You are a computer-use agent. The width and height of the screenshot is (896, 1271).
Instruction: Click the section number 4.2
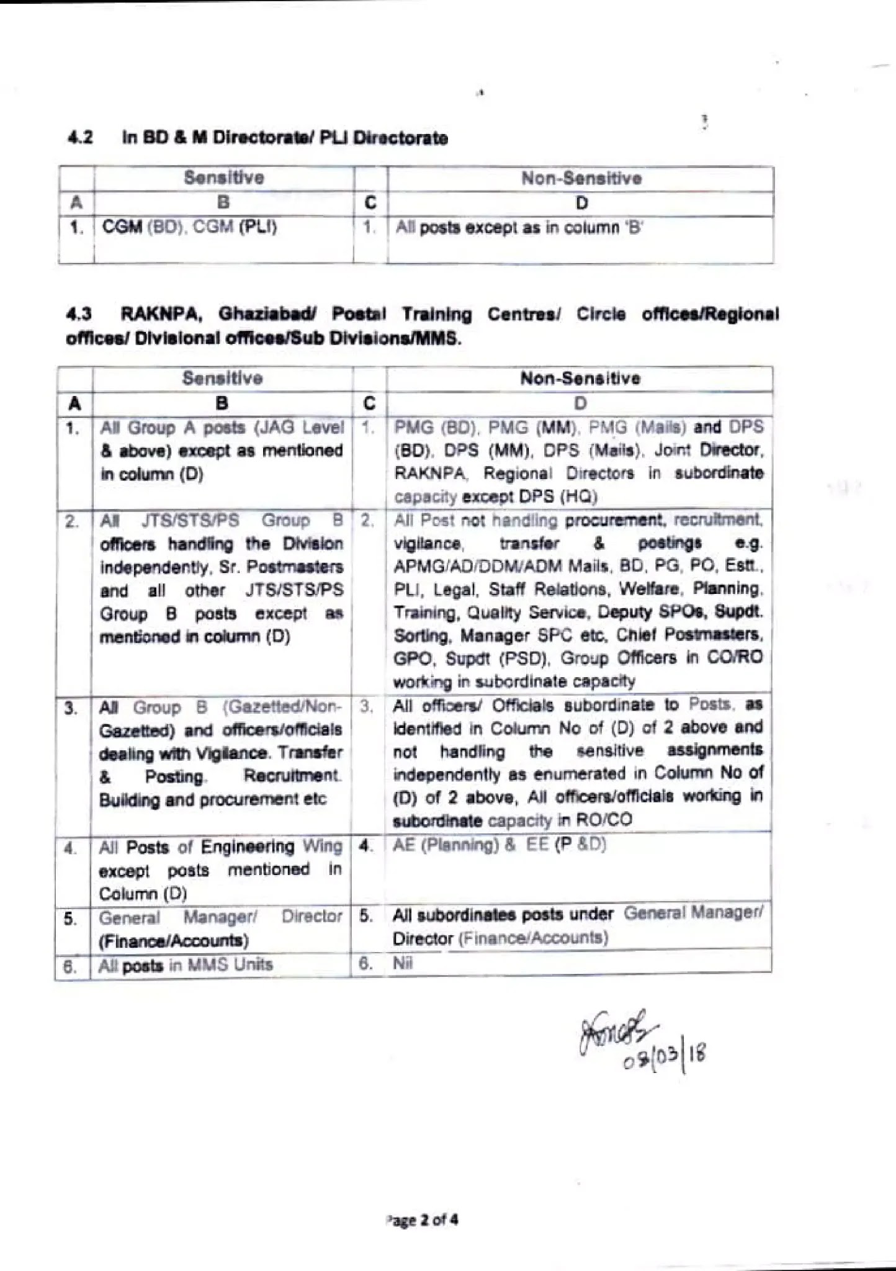tap(79, 137)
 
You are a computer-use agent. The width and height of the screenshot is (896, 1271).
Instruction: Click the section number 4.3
tap(79, 314)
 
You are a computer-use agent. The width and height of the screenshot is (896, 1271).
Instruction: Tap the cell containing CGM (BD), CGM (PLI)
tap(189, 227)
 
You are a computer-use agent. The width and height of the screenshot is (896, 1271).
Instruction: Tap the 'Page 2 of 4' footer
tap(422, 1220)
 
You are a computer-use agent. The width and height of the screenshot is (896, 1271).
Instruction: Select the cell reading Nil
tap(403, 963)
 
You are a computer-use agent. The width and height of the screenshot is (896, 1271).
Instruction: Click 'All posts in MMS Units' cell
tap(186, 965)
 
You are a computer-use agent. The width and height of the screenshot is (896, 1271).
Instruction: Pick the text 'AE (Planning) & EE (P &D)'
tap(500, 845)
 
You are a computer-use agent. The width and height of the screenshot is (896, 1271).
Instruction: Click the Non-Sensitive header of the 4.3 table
tap(580, 379)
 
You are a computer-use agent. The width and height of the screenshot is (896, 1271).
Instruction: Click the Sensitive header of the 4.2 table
tap(223, 178)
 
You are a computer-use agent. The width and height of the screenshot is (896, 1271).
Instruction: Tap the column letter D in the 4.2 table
tap(581, 204)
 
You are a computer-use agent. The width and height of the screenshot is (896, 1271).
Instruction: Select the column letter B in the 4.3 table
tap(222, 404)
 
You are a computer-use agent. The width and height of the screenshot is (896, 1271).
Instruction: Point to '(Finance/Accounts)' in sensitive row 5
tap(174, 941)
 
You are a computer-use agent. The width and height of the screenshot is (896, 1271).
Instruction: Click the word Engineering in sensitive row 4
tap(248, 847)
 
